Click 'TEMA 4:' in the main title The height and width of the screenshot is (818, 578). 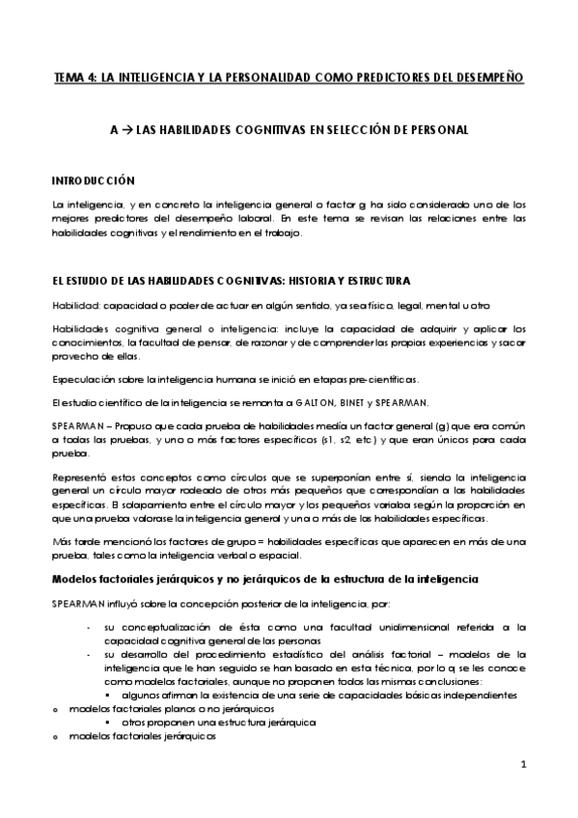click(75, 77)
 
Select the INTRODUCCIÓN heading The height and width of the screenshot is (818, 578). click(94, 180)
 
